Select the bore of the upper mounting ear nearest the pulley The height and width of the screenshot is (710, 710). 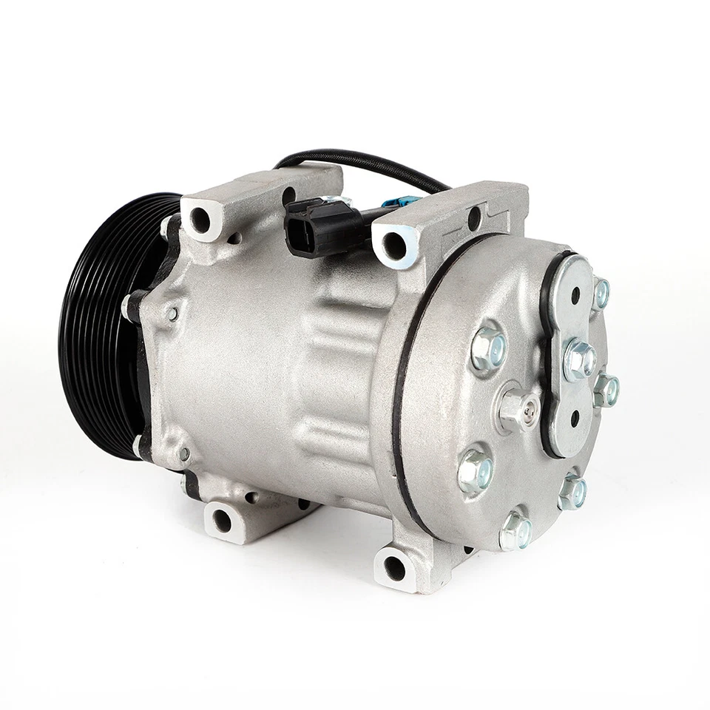point(200,217)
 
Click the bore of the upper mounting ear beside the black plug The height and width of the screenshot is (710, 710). point(396,246)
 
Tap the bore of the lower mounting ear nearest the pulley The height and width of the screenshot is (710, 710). point(222,520)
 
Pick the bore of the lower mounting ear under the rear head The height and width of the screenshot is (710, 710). point(394,568)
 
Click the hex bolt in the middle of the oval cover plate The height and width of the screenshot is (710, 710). point(580,358)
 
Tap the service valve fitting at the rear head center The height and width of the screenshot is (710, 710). point(518,406)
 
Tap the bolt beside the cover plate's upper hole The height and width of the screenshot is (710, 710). point(601,293)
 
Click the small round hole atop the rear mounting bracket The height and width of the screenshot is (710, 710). point(474,219)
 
